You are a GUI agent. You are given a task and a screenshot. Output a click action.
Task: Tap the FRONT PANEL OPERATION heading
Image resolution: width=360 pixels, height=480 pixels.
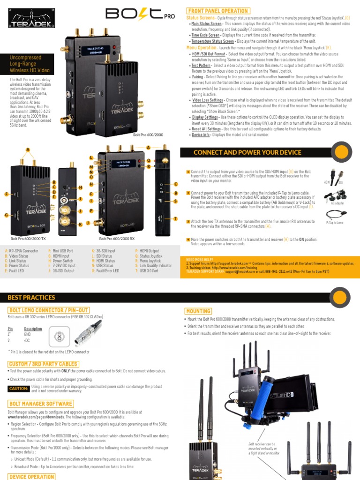pyautogui.click(x=218, y=11)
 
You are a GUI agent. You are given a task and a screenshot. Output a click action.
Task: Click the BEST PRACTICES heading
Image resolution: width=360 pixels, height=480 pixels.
pyautogui.click(x=31, y=297)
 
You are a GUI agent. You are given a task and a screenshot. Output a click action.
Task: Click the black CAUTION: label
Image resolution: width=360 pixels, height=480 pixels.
pyautogui.click(x=19, y=389)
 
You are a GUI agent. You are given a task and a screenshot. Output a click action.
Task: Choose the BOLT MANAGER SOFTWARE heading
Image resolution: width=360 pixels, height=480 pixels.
pyautogui.click(x=41, y=404)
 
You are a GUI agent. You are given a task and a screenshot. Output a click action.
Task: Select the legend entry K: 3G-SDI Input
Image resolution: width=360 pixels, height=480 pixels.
pyautogui.click(x=103, y=251)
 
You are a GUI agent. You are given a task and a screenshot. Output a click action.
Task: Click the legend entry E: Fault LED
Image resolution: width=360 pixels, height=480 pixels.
pyautogui.click(x=16, y=270)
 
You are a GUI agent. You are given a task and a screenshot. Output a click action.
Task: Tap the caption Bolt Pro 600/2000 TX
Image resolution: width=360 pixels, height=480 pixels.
pyautogui.click(x=28, y=239)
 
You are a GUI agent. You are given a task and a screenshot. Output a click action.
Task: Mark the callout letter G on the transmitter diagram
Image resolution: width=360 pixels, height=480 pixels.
pyautogui.click(x=7, y=215)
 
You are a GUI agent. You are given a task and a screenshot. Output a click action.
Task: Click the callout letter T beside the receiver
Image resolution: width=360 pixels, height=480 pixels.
pyautogui.click(x=176, y=219)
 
